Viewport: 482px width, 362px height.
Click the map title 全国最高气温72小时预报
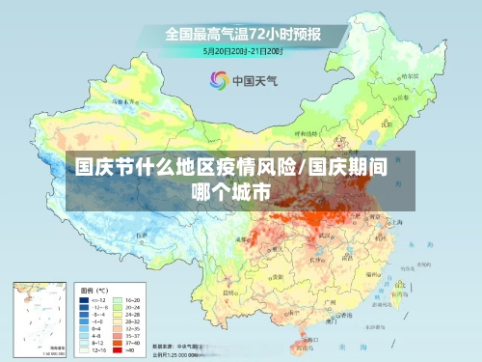pyautogui.click(x=242, y=33)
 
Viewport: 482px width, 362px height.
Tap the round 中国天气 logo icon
pyautogui.click(x=218, y=80)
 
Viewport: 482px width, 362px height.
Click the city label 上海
pyautogui.click(x=397, y=220)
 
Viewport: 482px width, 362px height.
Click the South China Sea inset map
pyautogui.click(x=38, y=318)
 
